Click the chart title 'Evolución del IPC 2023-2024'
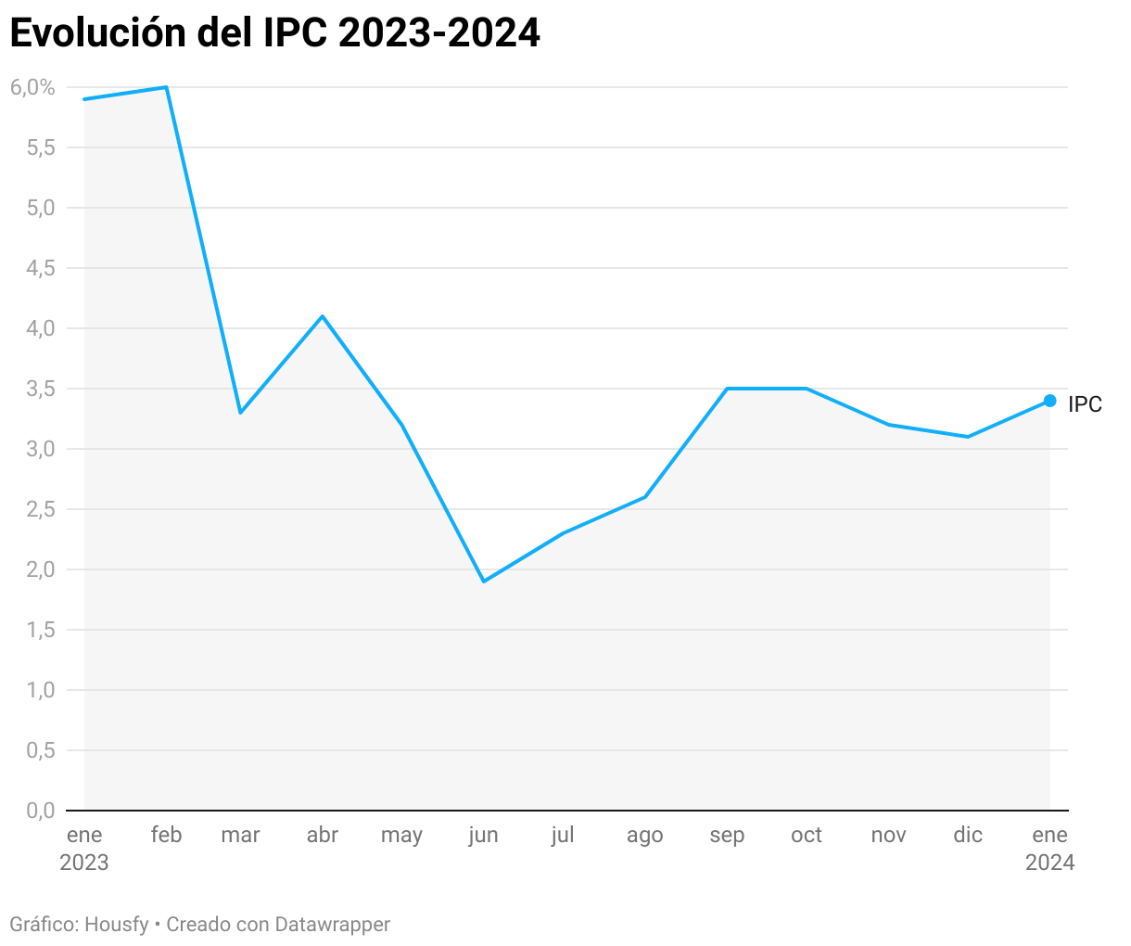click(274, 33)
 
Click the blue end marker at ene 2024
click(1049, 401)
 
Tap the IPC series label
click(1085, 404)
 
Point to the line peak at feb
click(166, 87)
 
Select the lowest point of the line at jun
click(483, 582)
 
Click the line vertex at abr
click(322, 316)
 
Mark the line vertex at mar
click(240, 413)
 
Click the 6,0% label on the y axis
click(33, 87)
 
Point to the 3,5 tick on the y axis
click(41, 389)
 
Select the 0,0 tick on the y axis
click(41, 811)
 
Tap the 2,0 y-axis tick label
click(41, 569)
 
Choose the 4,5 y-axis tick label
click(41, 268)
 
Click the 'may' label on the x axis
click(401, 836)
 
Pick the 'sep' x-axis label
click(727, 836)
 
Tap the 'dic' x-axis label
click(968, 835)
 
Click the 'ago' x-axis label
click(644, 836)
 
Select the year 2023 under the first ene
click(84, 863)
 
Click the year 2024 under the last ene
click(1049, 863)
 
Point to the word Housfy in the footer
click(117, 925)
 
